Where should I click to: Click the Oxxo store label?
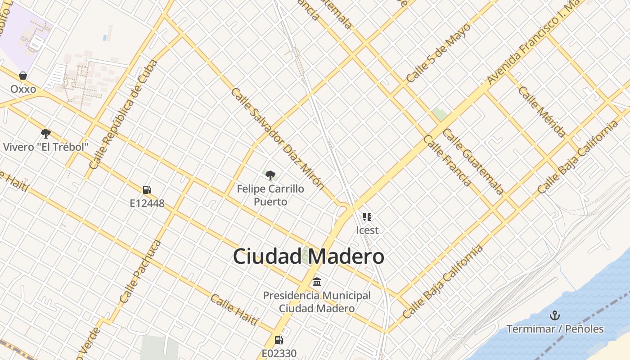(23, 89)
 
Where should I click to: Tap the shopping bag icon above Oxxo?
(23, 76)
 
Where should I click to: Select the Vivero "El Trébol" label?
(45, 147)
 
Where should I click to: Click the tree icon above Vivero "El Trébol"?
(45, 133)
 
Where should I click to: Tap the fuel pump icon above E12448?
(147, 190)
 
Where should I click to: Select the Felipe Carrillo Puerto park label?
(270, 195)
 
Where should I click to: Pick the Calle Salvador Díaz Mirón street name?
(277, 138)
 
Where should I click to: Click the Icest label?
(367, 230)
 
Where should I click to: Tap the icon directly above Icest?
(367, 217)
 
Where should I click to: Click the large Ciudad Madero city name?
(309, 256)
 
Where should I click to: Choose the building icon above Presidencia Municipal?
(317, 282)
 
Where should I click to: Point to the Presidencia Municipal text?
(317, 296)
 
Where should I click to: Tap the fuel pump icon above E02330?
(279, 340)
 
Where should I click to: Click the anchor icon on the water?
(555, 315)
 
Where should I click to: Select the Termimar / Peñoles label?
(555, 329)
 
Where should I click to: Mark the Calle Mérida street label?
(541, 111)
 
